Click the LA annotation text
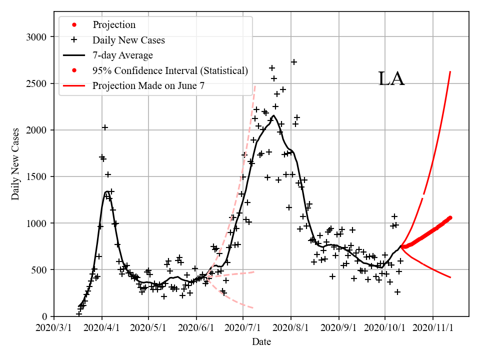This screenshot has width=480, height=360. [x=391, y=79]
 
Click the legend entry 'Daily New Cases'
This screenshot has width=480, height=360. [x=128, y=40]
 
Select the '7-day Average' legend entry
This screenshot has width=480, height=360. [x=122, y=55]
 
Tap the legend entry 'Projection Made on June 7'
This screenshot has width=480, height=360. [x=148, y=86]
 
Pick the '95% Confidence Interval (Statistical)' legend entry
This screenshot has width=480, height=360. [x=170, y=70]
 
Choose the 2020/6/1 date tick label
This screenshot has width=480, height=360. [x=196, y=328]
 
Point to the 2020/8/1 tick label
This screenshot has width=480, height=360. [x=291, y=328]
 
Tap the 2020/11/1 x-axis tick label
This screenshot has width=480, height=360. [x=433, y=328]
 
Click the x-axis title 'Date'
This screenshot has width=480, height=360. [x=261, y=342]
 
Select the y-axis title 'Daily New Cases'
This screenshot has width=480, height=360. [x=15, y=163]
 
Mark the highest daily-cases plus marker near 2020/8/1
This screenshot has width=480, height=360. [x=294, y=62]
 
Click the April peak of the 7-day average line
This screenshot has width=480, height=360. [x=107, y=191]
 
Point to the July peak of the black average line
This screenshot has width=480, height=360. [x=273, y=115]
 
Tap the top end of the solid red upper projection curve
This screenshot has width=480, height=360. [x=450, y=71]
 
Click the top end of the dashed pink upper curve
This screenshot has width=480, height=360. [x=255, y=85]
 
